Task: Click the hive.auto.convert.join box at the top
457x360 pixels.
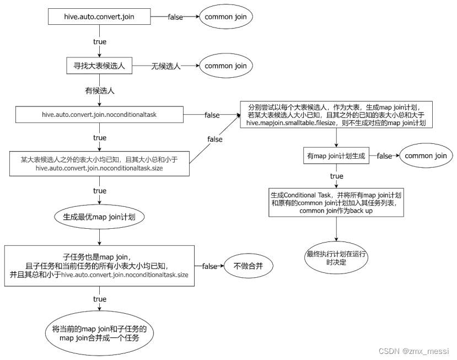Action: (99, 17)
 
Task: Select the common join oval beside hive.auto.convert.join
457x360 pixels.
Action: (225, 17)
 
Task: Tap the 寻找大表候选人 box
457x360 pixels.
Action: (99, 66)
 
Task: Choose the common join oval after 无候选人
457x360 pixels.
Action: (225, 66)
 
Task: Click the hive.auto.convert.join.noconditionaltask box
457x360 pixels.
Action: (100, 115)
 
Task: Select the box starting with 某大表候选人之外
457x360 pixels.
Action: (100, 163)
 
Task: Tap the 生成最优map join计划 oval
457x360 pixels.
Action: (100, 217)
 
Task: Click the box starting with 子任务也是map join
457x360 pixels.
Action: (100, 266)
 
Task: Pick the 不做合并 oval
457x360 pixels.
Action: (249, 266)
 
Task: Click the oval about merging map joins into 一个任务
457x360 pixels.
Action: (100, 334)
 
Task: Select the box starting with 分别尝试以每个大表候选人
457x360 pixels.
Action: (336, 115)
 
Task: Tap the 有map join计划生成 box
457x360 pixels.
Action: (336, 156)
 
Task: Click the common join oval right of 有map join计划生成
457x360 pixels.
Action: (426, 156)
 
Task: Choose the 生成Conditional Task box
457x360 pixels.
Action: (336, 203)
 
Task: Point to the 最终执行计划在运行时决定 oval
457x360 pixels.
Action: (336, 258)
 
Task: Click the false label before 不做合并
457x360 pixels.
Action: (209, 266)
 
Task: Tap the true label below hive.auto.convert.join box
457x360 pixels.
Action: (99, 41)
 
